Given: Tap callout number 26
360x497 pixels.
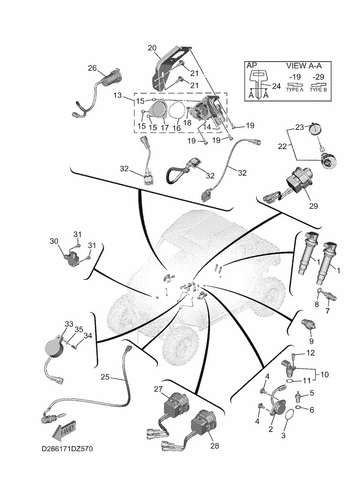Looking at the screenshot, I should point(92,69).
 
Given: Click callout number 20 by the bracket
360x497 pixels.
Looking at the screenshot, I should point(152,48).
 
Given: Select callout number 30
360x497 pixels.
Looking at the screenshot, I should point(54,241).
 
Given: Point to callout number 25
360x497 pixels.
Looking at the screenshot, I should point(105,376).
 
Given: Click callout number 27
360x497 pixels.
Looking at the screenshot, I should point(158,389).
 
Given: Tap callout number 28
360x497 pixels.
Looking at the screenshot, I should point(215,446).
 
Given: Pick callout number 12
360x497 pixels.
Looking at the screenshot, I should point(310,353).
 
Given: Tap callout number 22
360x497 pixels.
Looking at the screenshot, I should point(282,146).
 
